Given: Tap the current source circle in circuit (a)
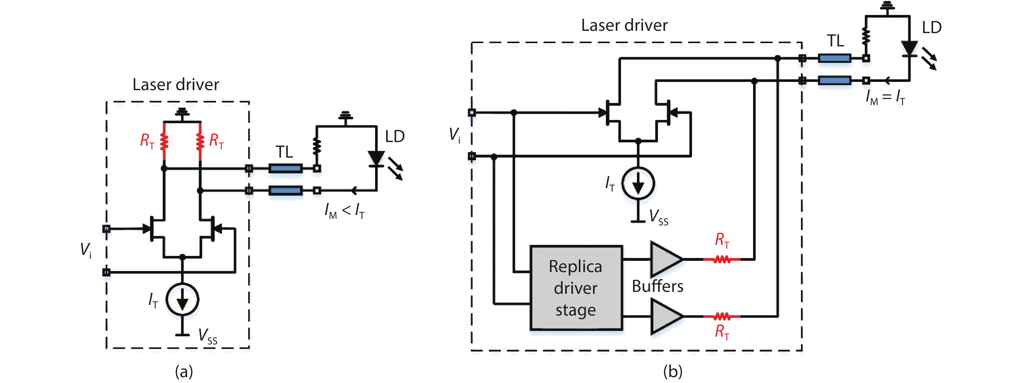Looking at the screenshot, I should (182, 299).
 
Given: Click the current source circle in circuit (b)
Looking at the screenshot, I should (638, 183).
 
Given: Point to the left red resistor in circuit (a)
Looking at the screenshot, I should (164, 141).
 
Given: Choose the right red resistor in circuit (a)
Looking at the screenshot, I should (200, 141).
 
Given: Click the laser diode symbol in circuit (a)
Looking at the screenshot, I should (376, 158).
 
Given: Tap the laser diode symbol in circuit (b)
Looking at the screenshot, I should (909, 49).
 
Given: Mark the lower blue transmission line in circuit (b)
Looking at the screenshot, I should (834, 81).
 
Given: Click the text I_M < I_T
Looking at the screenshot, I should (344, 210).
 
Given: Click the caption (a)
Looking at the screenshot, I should (184, 372).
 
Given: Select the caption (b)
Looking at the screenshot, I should (673, 372).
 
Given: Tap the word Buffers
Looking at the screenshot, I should (657, 286).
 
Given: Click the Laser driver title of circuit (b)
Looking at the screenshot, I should (624, 25).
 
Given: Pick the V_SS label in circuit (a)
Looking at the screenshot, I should (208, 336).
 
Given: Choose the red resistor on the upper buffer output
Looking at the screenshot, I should (722, 259).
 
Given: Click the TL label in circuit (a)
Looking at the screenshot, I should (284, 152).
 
